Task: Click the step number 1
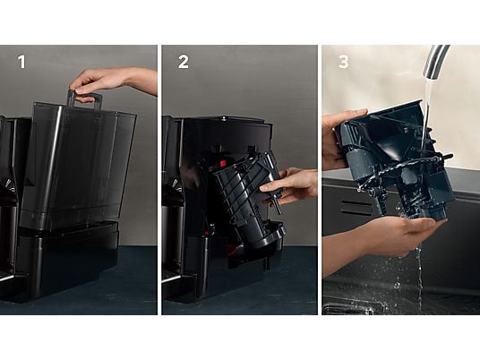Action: pos(21,62)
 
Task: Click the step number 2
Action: pos(184,62)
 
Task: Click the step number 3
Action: pos(344,62)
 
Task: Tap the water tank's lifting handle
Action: pos(84,99)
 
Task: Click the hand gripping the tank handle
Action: pos(92,83)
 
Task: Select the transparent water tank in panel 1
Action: pos(78,166)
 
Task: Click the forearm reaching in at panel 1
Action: pos(140,81)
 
